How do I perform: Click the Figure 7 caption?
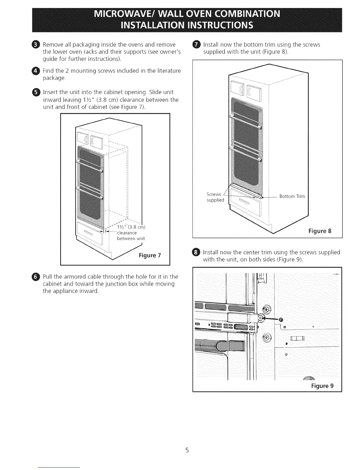pos(150,255)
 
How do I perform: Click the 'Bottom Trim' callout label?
pos(292,196)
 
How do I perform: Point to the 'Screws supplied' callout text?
pos(215,197)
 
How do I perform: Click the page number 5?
pos(187,450)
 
